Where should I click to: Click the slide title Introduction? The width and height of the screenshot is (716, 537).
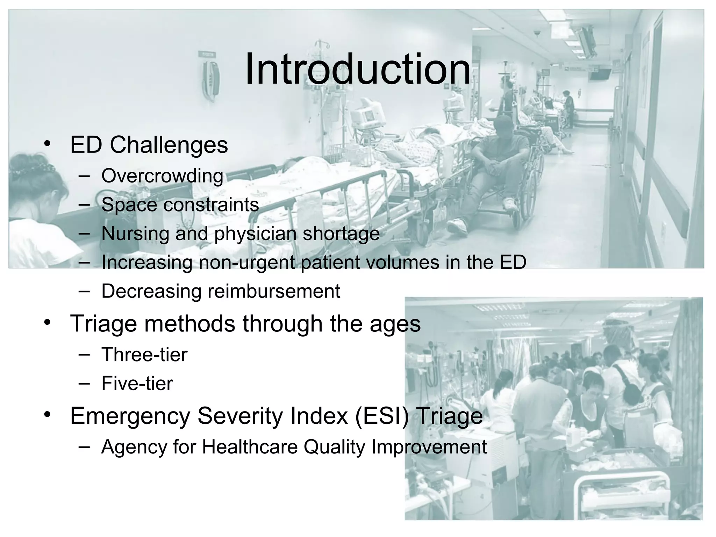pyautogui.click(x=357, y=69)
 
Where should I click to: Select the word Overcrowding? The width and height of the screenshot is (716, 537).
pyautogui.click(x=162, y=176)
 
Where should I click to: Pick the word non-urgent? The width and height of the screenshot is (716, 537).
pyautogui.click(x=247, y=263)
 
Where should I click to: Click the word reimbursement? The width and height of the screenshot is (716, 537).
pyautogui.click(x=274, y=291)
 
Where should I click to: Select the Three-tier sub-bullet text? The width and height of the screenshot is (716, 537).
pyautogui.click(x=144, y=355)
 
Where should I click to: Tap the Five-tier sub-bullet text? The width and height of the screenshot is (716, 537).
pyautogui.click(x=137, y=384)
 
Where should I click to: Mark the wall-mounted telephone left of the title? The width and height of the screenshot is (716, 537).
pyautogui.click(x=211, y=79)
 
